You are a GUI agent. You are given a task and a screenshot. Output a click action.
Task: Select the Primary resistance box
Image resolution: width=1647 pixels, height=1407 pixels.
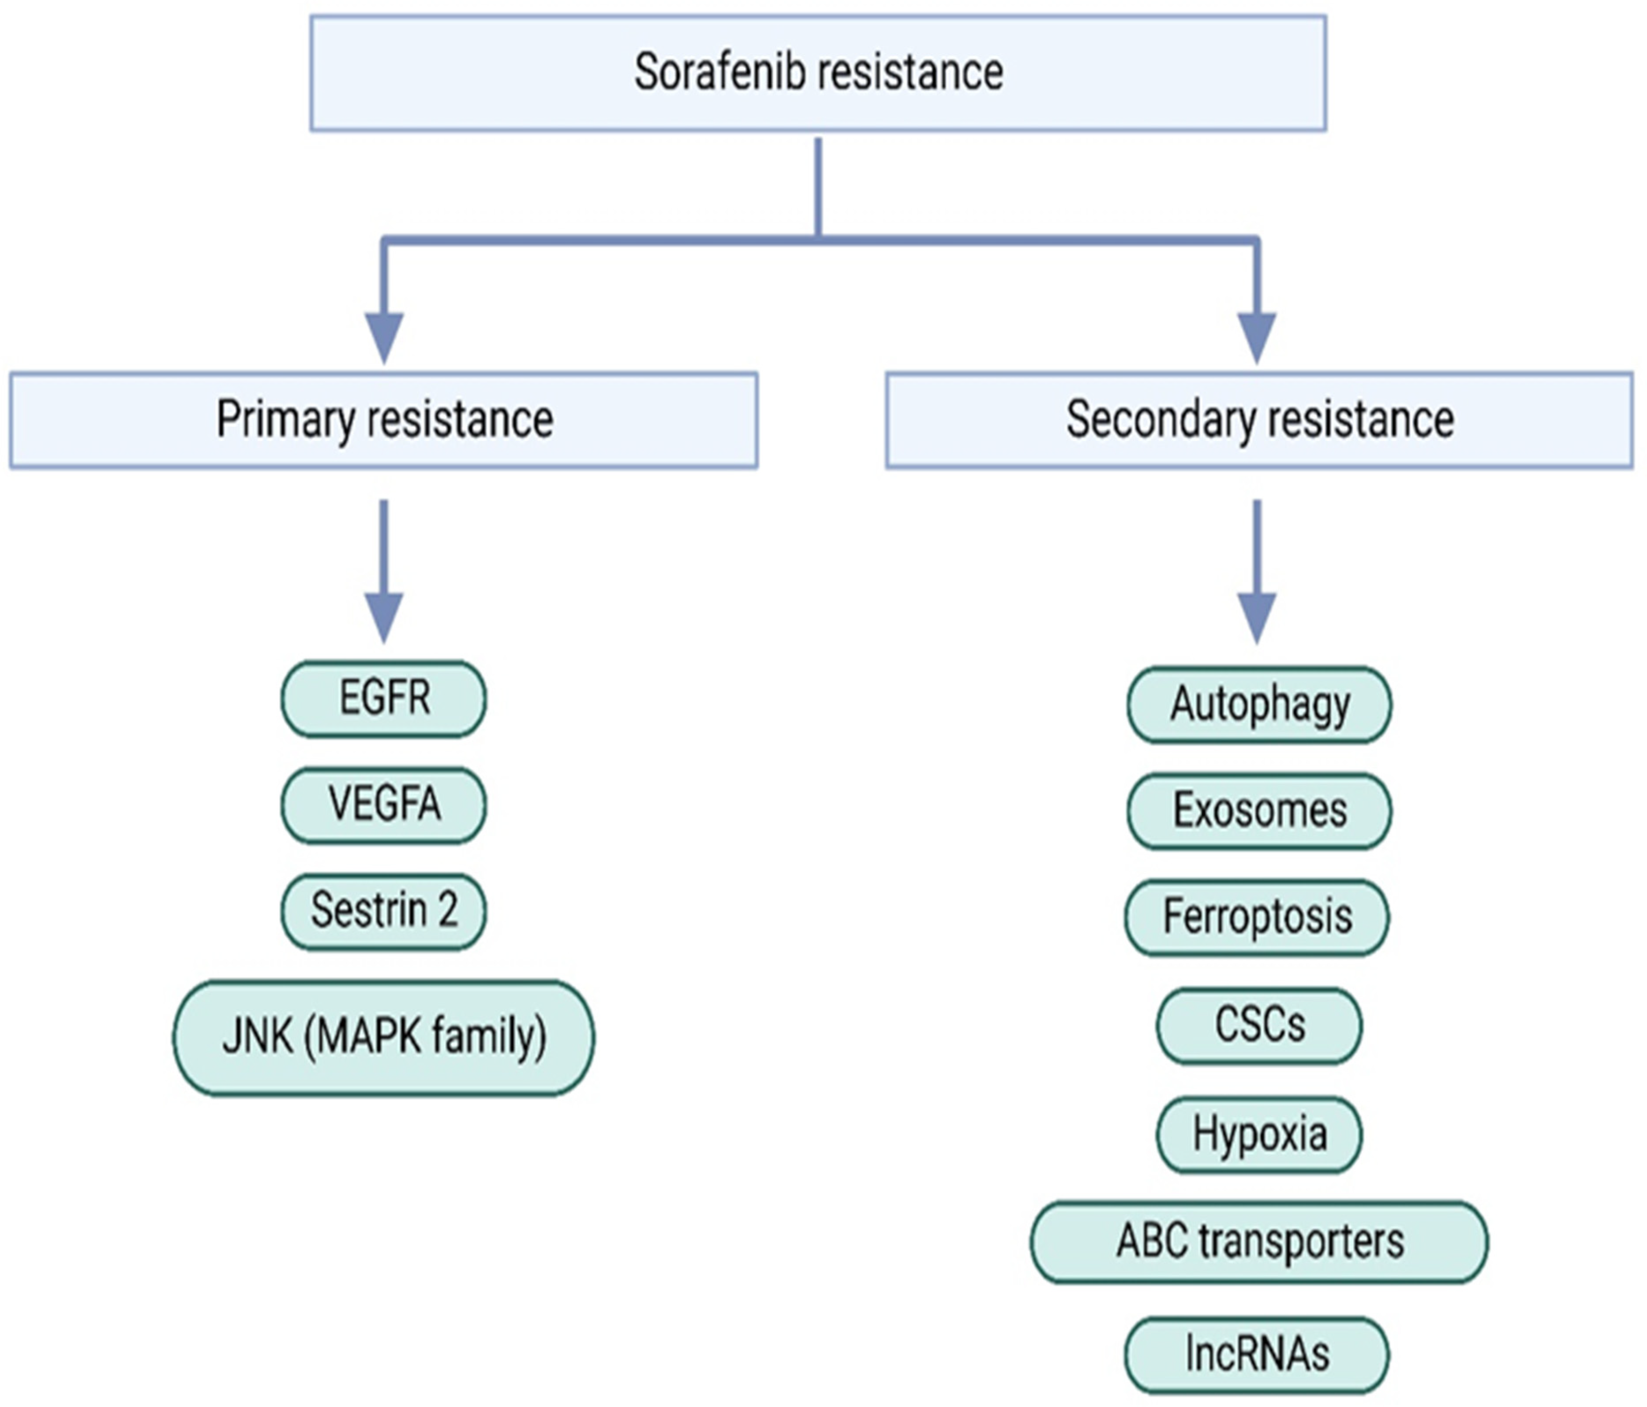pyautogui.click(x=384, y=420)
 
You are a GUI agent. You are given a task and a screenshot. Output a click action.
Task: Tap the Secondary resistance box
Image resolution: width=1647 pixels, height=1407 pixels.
pyautogui.click(x=1259, y=420)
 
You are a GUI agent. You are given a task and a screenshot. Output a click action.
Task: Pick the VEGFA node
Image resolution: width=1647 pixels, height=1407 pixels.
pyautogui.click(x=384, y=804)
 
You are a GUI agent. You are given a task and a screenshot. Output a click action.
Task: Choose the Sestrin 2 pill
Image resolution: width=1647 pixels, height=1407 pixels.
pyautogui.click(x=384, y=911)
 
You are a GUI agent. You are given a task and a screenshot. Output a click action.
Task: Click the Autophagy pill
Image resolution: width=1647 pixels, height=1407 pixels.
pyautogui.click(x=1259, y=705)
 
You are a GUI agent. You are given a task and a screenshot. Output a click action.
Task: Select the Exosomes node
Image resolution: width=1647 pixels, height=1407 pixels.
pyautogui.click(x=1259, y=811)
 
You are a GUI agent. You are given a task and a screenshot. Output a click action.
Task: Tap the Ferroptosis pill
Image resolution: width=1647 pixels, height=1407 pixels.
pyautogui.click(x=1258, y=917)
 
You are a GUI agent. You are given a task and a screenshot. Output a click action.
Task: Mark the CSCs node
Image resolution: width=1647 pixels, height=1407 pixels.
pyautogui.click(x=1259, y=1025)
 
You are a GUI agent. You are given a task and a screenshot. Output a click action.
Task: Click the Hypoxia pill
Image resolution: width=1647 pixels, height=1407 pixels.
pyautogui.click(x=1259, y=1134)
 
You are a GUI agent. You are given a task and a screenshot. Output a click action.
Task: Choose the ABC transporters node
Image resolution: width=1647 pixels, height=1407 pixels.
pyautogui.click(x=1259, y=1242)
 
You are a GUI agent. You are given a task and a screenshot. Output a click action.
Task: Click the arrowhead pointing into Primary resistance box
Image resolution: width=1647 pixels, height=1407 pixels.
pyautogui.click(x=384, y=338)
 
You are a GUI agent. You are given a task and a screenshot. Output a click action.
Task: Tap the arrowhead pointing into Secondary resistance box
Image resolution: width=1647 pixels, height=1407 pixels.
pyautogui.click(x=1258, y=338)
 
